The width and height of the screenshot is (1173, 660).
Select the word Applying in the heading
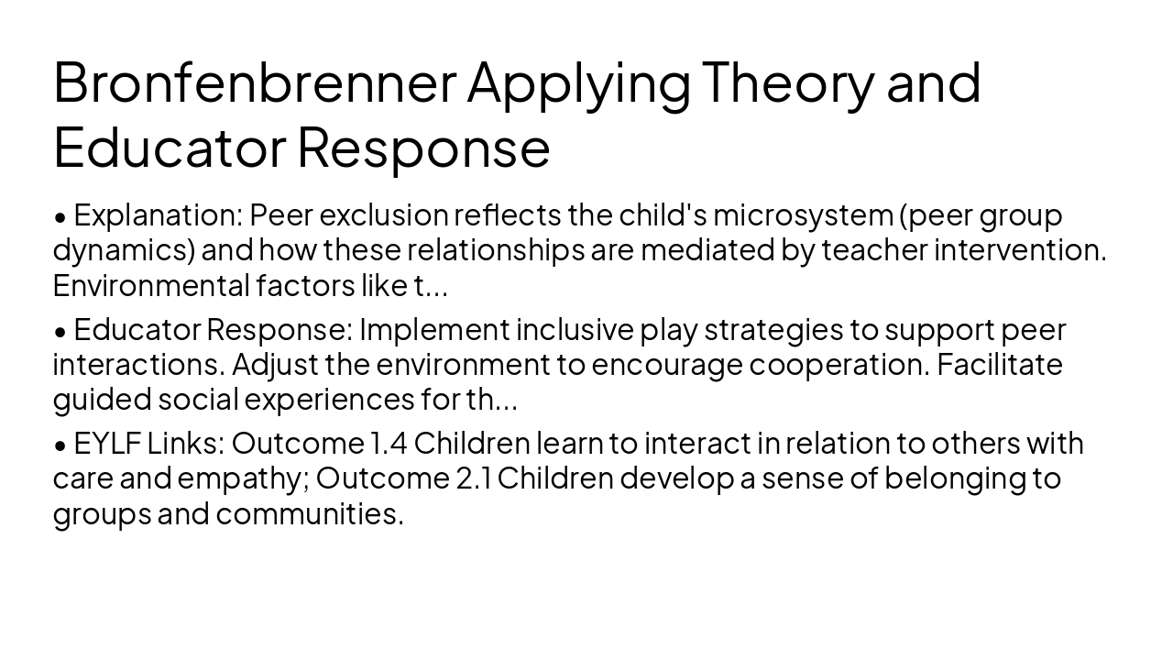[x=578, y=83]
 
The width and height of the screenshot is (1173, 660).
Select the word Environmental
[x=151, y=285]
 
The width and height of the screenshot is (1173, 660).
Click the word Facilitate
[x=999, y=364]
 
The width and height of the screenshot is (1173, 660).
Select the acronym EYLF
[x=107, y=444]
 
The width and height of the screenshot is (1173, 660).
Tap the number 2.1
[x=473, y=478]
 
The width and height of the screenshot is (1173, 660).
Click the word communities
[x=309, y=513]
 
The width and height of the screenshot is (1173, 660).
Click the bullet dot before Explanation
[x=60, y=217]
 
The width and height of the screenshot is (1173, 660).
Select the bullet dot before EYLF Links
[x=60, y=445]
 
